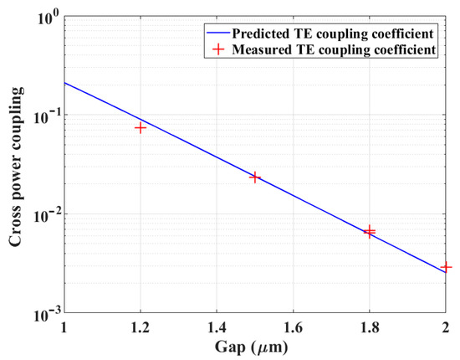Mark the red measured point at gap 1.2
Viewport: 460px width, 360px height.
pyautogui.click(x=141, y=127)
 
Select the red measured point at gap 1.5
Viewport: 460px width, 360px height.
pyautogui.click(x=255, y=177)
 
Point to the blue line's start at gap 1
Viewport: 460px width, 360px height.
pyautogui.click(x=64, y=82)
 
